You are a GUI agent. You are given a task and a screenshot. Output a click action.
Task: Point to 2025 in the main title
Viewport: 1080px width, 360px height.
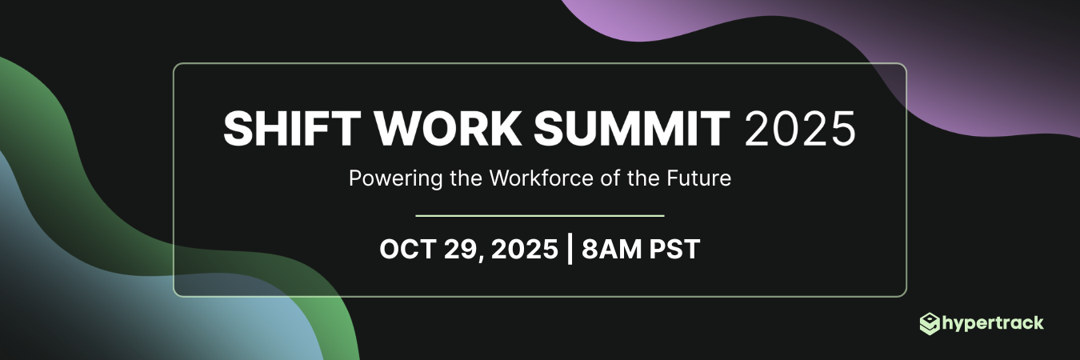pos(799,129)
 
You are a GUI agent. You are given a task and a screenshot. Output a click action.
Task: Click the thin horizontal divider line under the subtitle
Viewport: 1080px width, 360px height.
pos(540,215)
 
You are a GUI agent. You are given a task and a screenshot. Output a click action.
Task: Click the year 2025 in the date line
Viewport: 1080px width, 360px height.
pos(524,249)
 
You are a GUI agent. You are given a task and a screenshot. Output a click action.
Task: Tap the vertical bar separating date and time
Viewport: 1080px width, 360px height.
pos(569,249)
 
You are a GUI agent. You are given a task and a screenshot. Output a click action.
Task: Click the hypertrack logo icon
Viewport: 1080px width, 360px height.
pos(930,324)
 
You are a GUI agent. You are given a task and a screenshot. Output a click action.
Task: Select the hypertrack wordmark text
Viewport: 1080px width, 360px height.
pos(993,324)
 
